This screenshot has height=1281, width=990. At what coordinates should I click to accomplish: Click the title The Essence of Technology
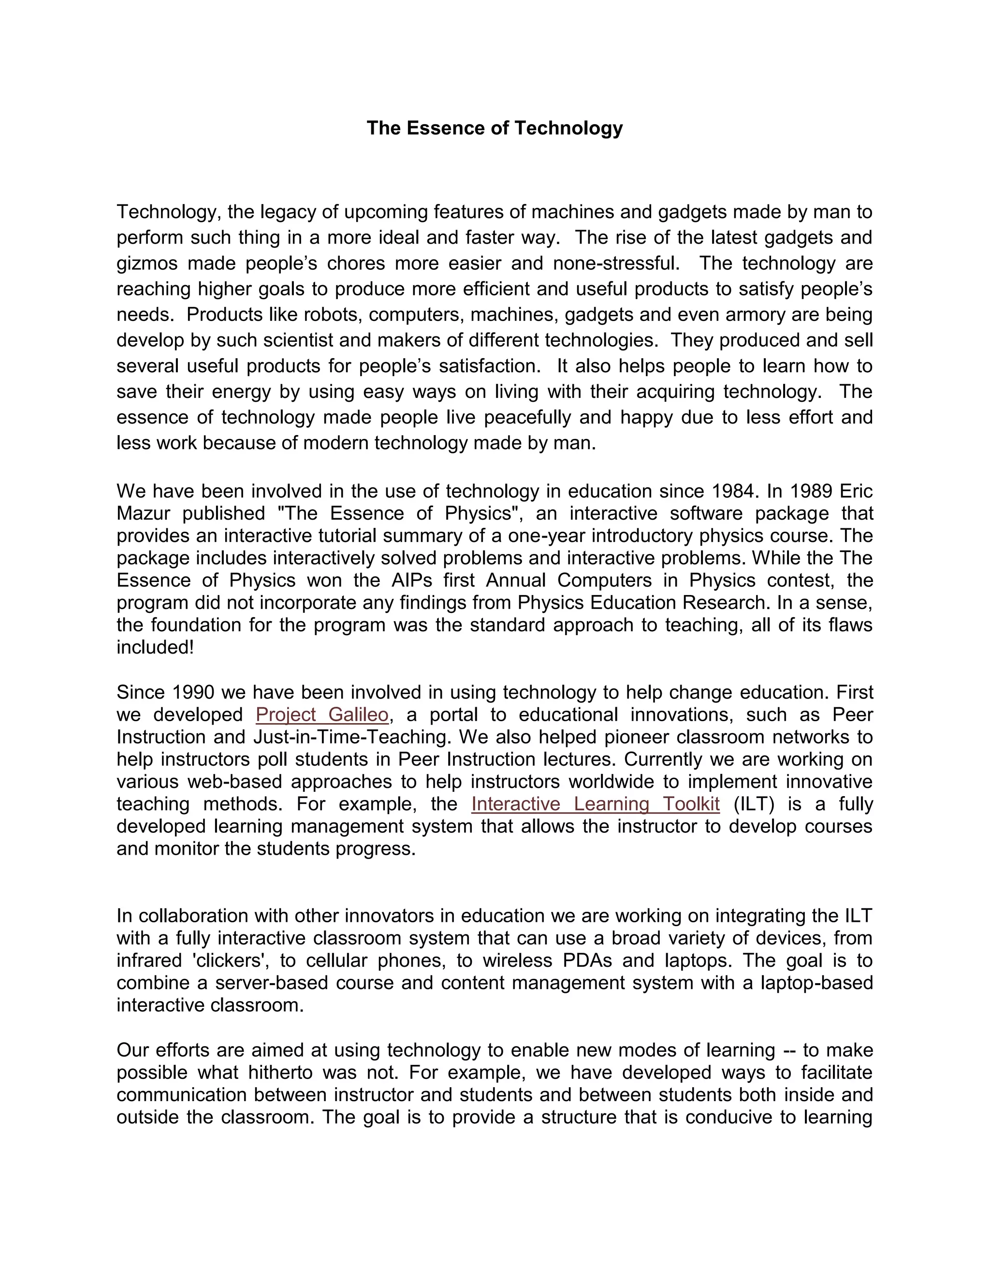tap(495, 128)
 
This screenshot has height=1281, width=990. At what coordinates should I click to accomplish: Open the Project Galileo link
tap(322, 715)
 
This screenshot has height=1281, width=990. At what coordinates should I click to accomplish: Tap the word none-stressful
tap(616, 263)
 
